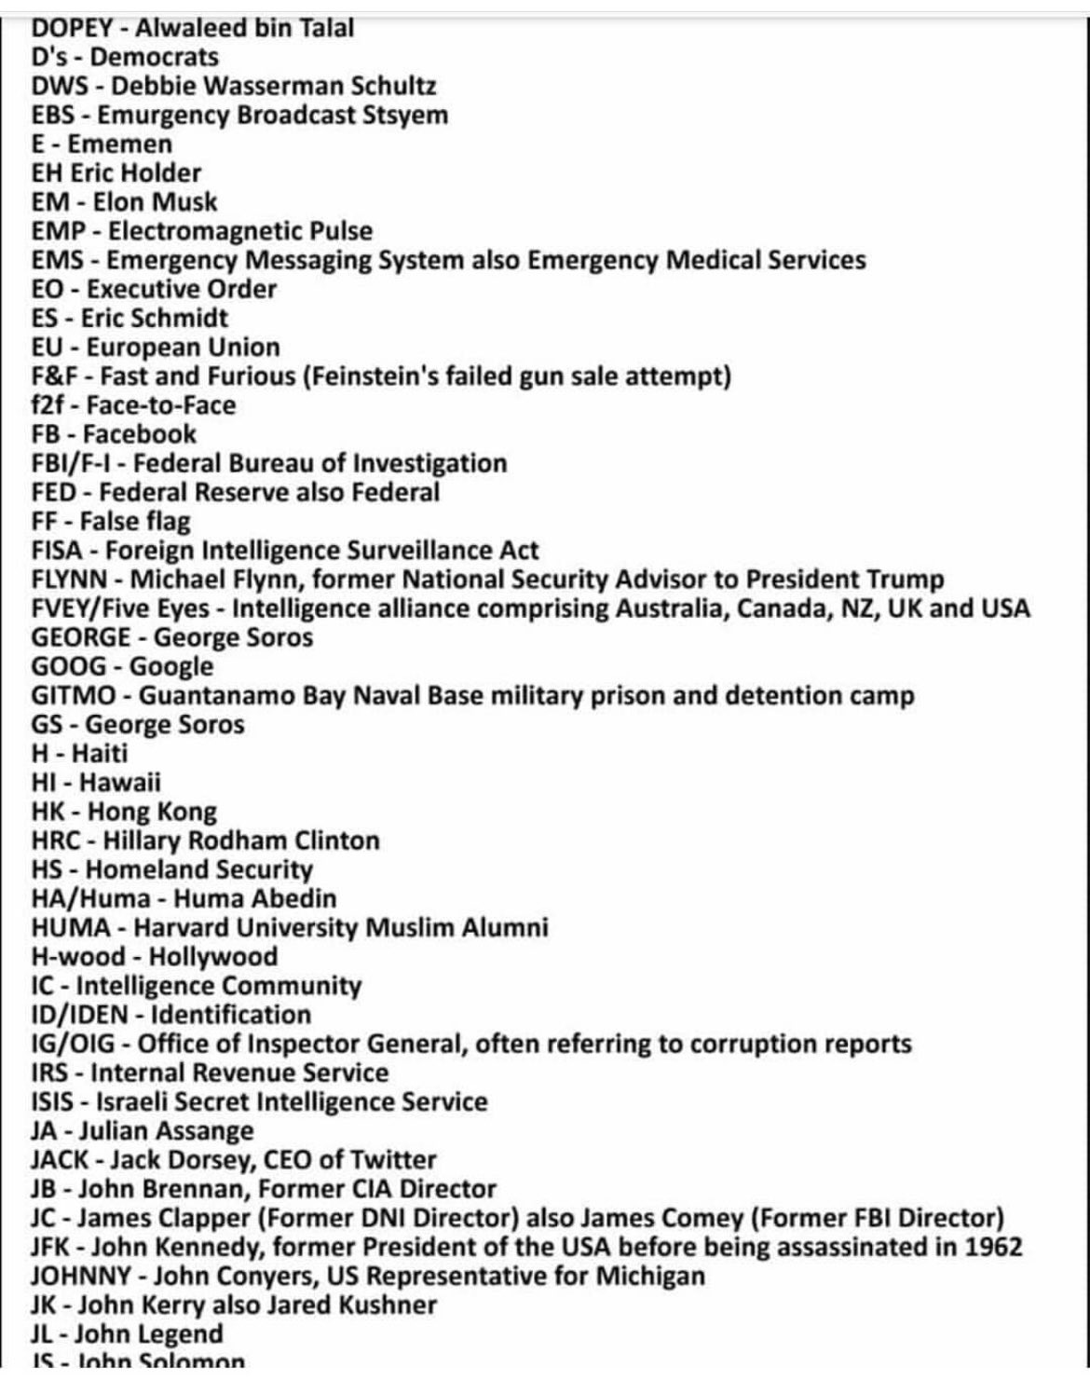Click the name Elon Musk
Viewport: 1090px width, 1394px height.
(155, 202)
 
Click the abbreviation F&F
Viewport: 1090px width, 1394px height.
(55, 376)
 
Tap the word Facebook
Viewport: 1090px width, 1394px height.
(140, 434)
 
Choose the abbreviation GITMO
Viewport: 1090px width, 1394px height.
(75, 696)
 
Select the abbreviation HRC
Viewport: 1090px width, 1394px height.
(57, 840)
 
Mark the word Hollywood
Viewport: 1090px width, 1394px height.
(213, 957)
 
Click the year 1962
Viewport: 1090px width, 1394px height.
(990, 1247)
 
